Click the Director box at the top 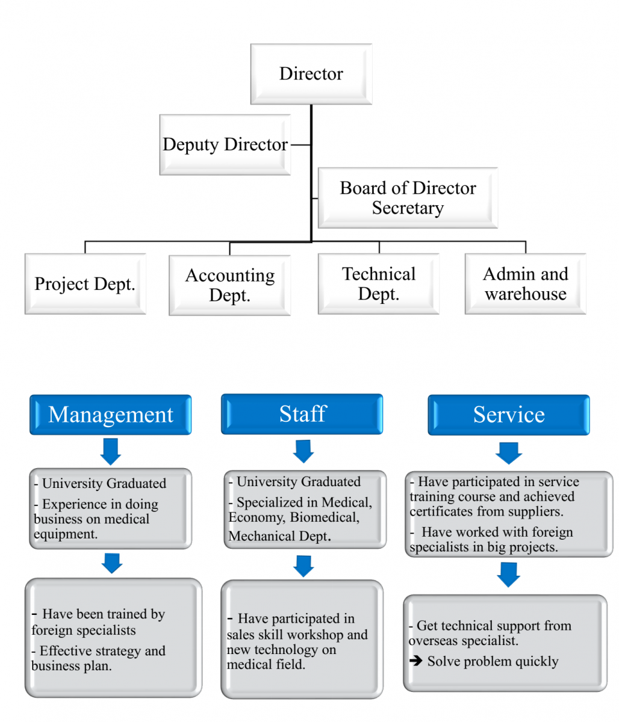click(311, 73)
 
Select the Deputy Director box click(225, 144)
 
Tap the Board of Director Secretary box click(408, 198)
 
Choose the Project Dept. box click(86, 283)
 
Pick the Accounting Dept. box click(229, 285)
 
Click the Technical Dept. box click(379, 283)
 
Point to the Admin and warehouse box click(525, 283)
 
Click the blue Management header click(110, 415)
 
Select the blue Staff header click(302, 414)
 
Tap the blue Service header click(509, 415)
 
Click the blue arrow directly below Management click(111, 452)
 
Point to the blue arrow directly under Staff click(303, 451)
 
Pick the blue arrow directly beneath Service click(509, 453)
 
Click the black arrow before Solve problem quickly click(415, 661)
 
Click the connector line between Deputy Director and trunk click(300, 144)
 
